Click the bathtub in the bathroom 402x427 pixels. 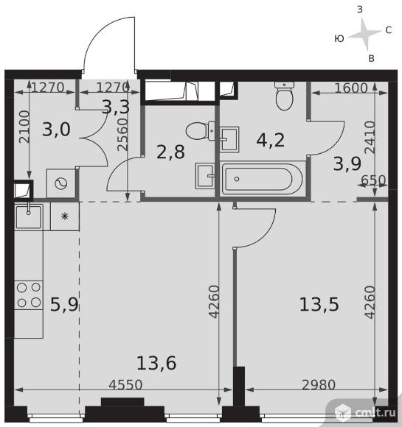coord(263,179)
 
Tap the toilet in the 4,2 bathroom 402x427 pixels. coord(285,96)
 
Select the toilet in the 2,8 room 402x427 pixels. coord(201,131)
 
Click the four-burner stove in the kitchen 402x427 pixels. coord(29,295)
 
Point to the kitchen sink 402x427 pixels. coord(29,216)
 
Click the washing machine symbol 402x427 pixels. coord(61,183)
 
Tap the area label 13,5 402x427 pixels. coord(319,304)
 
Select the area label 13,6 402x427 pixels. coord(156,363)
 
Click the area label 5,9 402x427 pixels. coord(64,305)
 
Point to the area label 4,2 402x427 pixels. coord(271,140)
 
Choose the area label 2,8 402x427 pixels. coord(170,152)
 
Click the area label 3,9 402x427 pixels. coord(347,163)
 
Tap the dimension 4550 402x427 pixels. coord(125,385)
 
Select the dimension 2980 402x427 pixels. coord(319,385)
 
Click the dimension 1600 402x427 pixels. coord(351,88)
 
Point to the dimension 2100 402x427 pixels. coord(24,127)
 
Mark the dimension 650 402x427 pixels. coord(373,180)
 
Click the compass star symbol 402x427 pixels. coord(364,35)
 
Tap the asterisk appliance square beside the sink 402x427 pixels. coord(65,216)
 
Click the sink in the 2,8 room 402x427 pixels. coord(205,176)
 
